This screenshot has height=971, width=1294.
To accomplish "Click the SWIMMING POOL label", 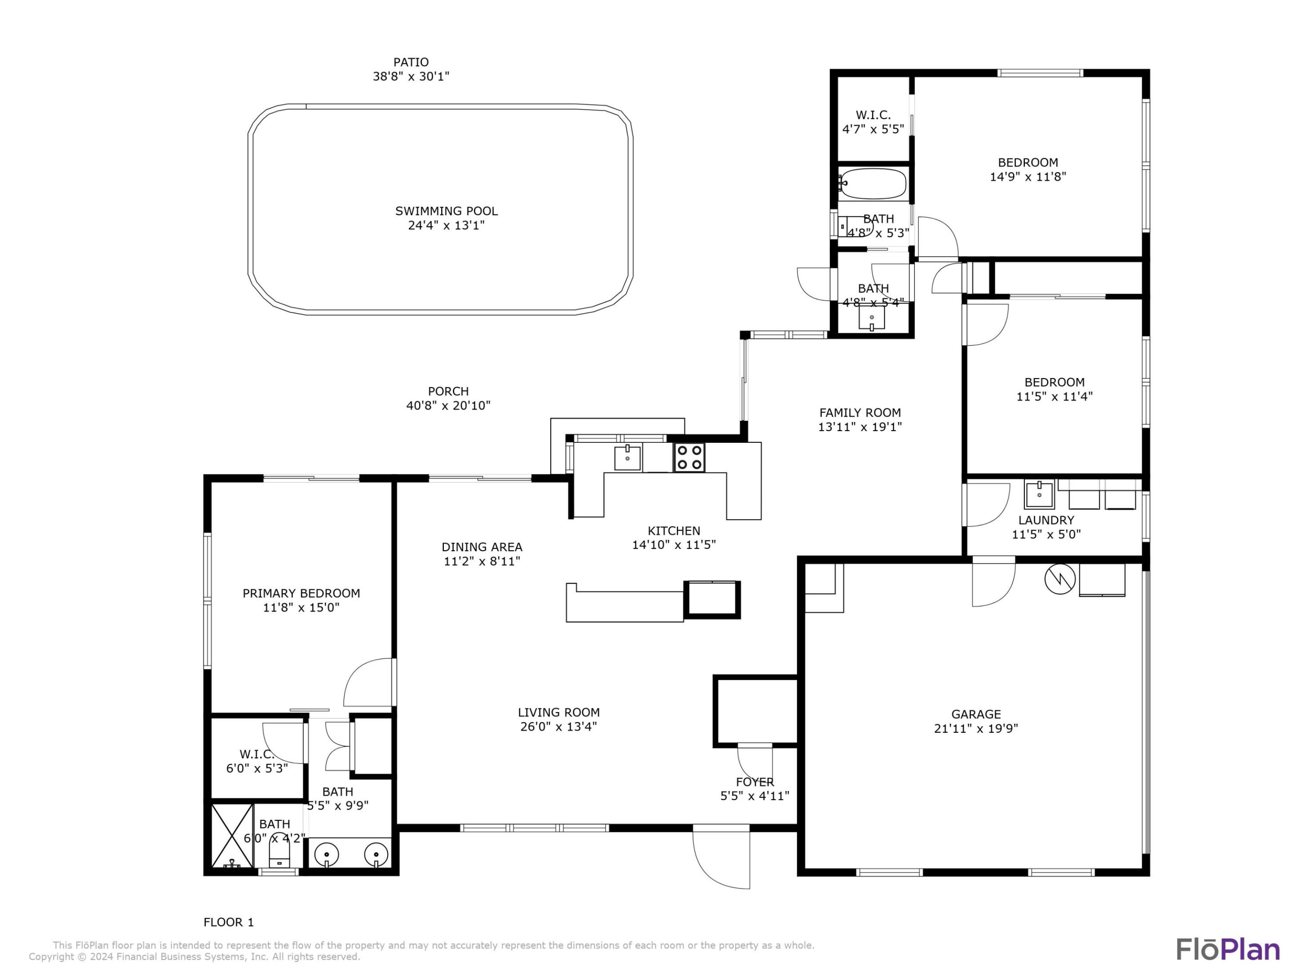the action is [446, 211].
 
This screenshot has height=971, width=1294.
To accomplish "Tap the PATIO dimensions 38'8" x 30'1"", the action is [411, 76].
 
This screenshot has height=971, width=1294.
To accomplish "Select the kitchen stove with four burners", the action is [689, 457].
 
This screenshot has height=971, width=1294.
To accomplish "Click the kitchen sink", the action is [627, 457].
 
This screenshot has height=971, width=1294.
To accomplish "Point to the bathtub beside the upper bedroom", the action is [872, 184].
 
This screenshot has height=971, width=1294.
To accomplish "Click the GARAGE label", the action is [976, 714].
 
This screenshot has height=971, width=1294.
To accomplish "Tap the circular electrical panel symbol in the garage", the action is [1059, 579].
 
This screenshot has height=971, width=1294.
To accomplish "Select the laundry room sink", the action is [1039, 494].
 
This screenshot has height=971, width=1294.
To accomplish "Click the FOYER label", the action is [755, 782].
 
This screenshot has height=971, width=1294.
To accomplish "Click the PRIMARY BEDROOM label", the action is [301, 593].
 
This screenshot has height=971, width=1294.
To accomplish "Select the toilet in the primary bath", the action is [279, 853].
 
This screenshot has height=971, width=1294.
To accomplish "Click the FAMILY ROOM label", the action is [860, 413].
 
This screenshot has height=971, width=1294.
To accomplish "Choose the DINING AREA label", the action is [482, 547].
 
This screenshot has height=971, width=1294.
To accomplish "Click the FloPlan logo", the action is [1228, 949].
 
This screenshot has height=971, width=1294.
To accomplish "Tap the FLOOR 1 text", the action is [229, 922].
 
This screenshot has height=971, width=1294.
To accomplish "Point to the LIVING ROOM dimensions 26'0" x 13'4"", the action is [558, 727].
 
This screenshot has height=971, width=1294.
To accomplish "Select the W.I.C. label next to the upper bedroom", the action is [873, 115].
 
